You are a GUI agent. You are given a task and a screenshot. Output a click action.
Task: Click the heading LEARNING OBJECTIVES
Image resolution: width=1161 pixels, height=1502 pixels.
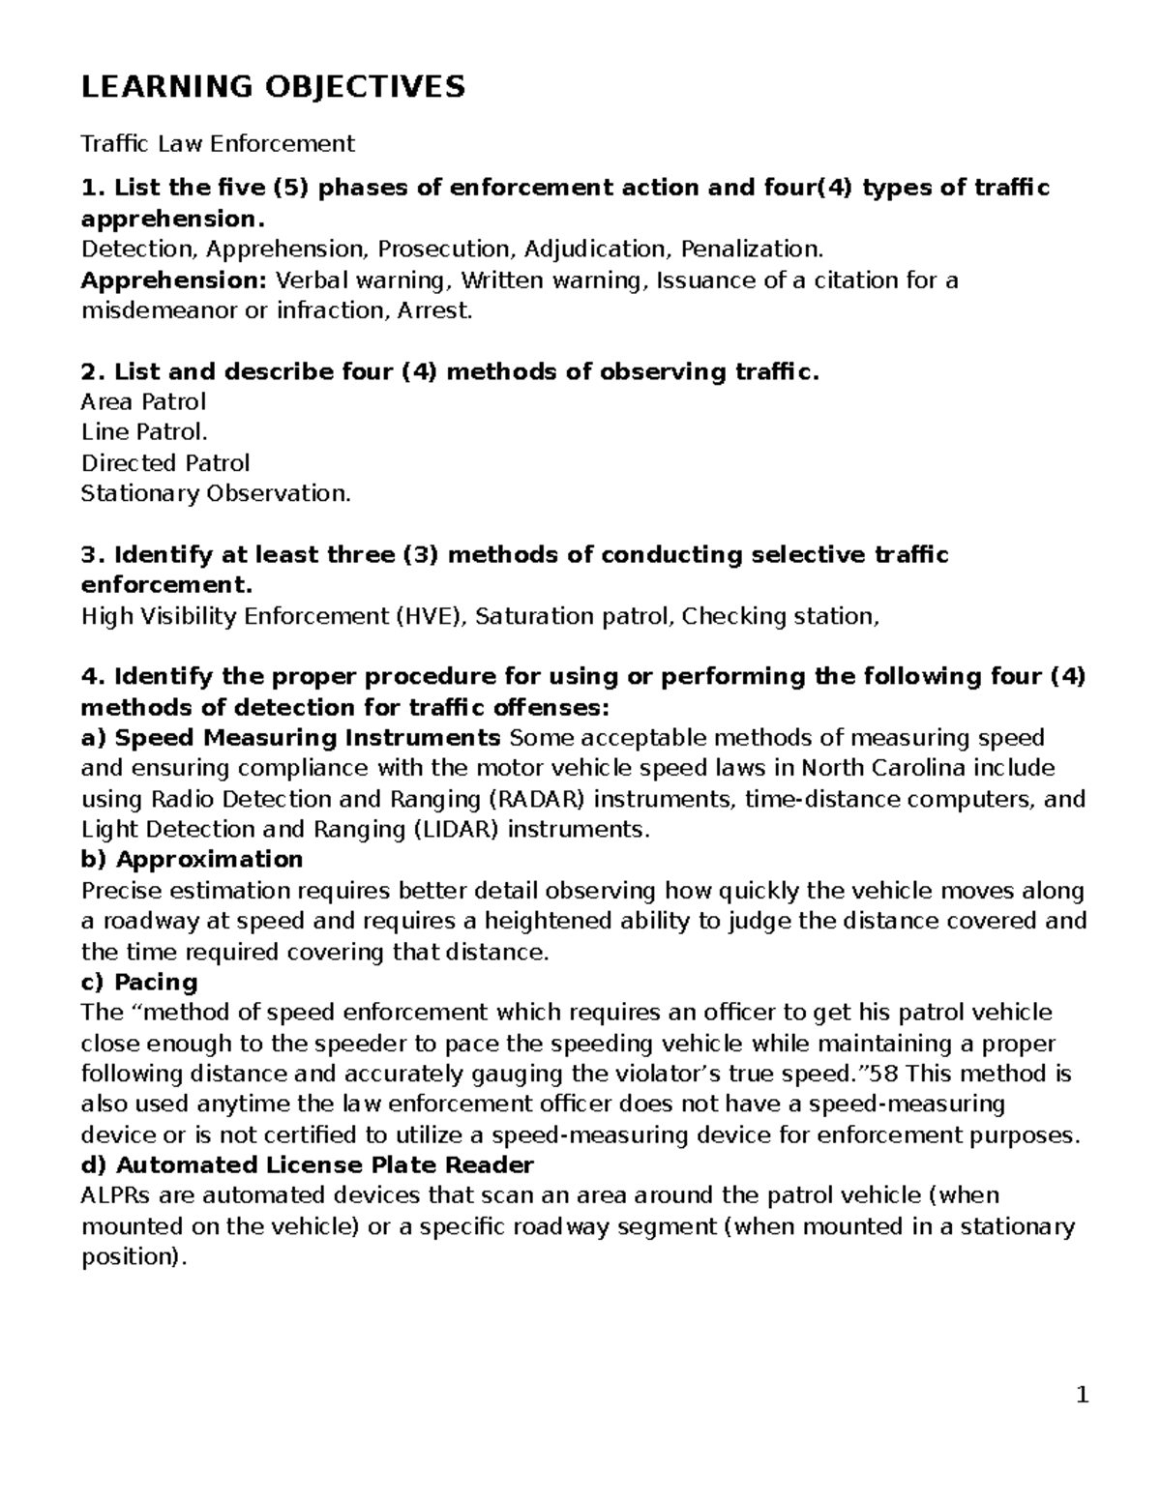click(x=273, y=87)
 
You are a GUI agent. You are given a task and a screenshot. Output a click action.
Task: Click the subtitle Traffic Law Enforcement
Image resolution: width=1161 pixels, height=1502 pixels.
click(x=218, y=144)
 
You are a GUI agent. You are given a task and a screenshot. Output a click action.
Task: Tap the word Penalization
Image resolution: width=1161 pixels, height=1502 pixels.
click(x=753, y=250)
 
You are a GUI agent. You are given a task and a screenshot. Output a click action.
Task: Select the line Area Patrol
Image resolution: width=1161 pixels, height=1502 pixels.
click(x=143, y=401)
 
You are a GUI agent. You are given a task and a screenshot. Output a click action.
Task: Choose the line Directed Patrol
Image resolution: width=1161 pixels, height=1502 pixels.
click(x=165, y=463)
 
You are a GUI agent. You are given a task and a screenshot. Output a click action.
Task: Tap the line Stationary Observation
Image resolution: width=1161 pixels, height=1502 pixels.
click(x=216, y=494)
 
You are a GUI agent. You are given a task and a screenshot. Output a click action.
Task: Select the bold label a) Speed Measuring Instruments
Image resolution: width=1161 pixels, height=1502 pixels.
click(x=291, y=739)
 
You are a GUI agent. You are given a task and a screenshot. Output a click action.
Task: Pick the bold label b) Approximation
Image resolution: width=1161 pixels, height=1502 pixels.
click(x=192, y=860)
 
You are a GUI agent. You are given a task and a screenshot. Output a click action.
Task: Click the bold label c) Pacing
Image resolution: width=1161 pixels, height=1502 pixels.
click(x=139, y=983)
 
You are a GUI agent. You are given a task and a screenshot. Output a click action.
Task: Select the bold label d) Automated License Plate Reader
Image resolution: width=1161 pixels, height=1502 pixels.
click(x=308, y=1165)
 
